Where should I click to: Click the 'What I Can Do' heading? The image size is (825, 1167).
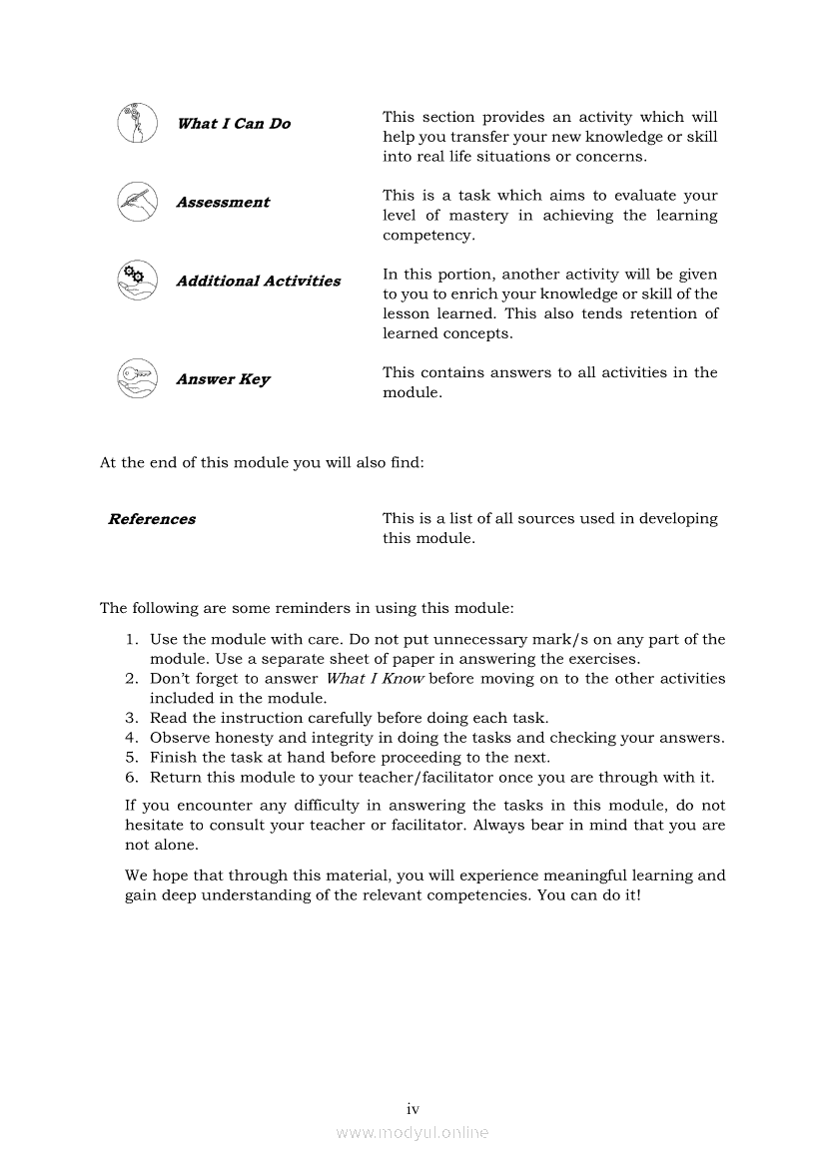(234, 124)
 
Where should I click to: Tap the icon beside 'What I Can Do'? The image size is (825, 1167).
(137, 124)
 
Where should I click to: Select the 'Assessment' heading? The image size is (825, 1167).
(223, 203)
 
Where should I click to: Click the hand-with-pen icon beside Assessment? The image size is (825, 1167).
(137, 202)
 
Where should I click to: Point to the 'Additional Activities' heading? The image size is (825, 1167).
(258, 282)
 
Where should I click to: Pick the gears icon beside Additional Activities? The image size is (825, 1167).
(137, 280)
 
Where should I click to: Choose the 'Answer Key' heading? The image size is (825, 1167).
(223, 379)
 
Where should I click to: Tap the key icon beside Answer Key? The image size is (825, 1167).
(137, 378)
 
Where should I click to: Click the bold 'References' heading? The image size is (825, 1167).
(152, 519)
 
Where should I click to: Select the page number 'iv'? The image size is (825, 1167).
(412, 1108)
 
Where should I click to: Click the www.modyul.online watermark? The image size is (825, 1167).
(412, 1132)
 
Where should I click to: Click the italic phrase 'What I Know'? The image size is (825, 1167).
(376, 679)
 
